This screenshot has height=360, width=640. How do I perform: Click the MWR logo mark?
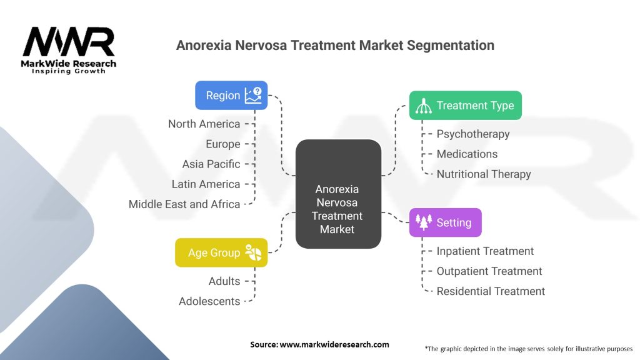69,42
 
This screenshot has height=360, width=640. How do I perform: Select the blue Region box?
231,95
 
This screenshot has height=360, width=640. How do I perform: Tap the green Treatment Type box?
465,105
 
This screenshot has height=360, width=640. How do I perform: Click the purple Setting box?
445,222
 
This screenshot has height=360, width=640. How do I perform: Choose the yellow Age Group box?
221,252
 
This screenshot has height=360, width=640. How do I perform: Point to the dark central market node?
338,194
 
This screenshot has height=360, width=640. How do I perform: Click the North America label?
204,124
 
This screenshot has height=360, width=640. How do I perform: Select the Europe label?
223,144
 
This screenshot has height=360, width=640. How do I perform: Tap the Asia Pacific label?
211,164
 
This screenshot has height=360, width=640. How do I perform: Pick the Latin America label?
206,184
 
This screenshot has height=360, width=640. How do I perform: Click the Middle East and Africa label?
184,204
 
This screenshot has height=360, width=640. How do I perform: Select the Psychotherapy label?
473,134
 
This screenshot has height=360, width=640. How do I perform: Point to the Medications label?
467,154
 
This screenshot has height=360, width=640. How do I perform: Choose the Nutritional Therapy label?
484,174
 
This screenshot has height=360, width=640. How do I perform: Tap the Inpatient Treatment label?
485,251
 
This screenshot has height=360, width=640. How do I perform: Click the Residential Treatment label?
491,291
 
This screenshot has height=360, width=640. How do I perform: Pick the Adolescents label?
209,301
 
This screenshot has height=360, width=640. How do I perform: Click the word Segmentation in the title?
451,45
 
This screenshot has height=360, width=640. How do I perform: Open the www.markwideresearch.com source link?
334,344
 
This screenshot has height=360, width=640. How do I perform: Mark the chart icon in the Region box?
253,95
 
